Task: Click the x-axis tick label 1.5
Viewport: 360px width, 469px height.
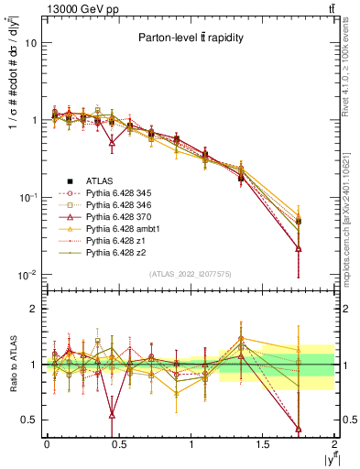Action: tap(263, 443)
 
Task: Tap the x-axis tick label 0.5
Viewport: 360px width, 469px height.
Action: tap(118, 443)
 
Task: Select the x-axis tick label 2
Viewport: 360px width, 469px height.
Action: tap(335, 443)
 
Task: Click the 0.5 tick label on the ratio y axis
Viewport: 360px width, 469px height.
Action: tap(30, 420)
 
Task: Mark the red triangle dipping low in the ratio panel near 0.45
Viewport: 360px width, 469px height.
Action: tap(112, 415)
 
